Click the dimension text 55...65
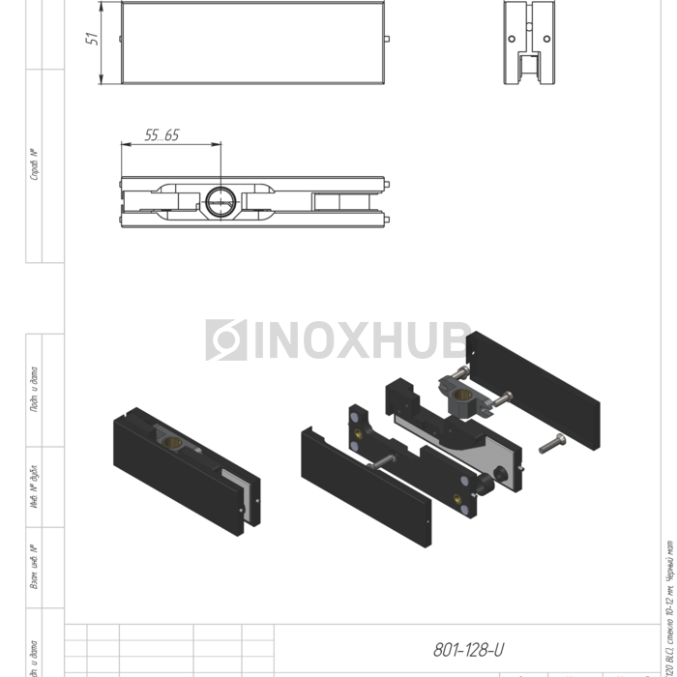(162, 135)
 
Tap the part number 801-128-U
(469, 650)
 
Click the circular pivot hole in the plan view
(220, 201)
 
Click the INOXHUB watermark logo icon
(226, 339)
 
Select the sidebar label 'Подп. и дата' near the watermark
(34, 389)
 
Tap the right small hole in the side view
(547, 39)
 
